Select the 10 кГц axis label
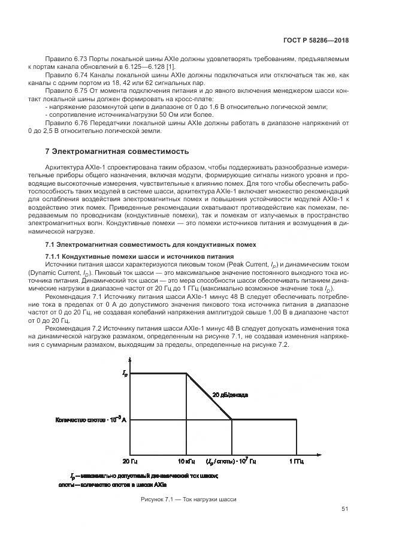[186, 461]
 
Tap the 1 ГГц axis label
[296, 461]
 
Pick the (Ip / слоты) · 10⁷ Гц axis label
[231, 461]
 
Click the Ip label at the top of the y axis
[125, 374]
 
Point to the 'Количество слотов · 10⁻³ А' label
[90, 420]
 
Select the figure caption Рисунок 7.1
[189, 498]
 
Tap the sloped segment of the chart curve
[209, 396]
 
